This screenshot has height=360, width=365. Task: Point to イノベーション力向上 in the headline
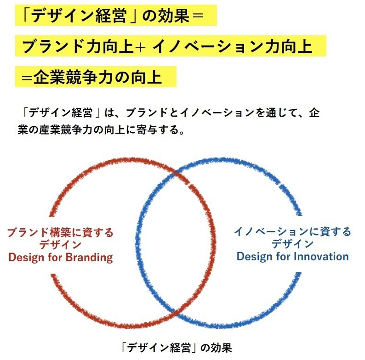(x=232, y=46)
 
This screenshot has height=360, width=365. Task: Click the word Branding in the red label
(x=89, y=258)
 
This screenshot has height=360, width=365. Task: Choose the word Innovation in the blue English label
(x=321, y=257)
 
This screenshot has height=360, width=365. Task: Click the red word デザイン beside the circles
(x=60, y=245)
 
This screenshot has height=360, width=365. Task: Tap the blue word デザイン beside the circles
(x=292, y=244)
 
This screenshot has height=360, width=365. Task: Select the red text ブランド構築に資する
(x=60, y=232)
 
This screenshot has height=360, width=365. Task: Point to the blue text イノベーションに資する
(x=292, y=231)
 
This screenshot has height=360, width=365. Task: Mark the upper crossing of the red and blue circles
(x=176, y=173)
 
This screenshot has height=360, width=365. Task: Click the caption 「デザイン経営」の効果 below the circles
(x=176, y=348)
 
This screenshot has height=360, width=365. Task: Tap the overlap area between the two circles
(x=176, y=243)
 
